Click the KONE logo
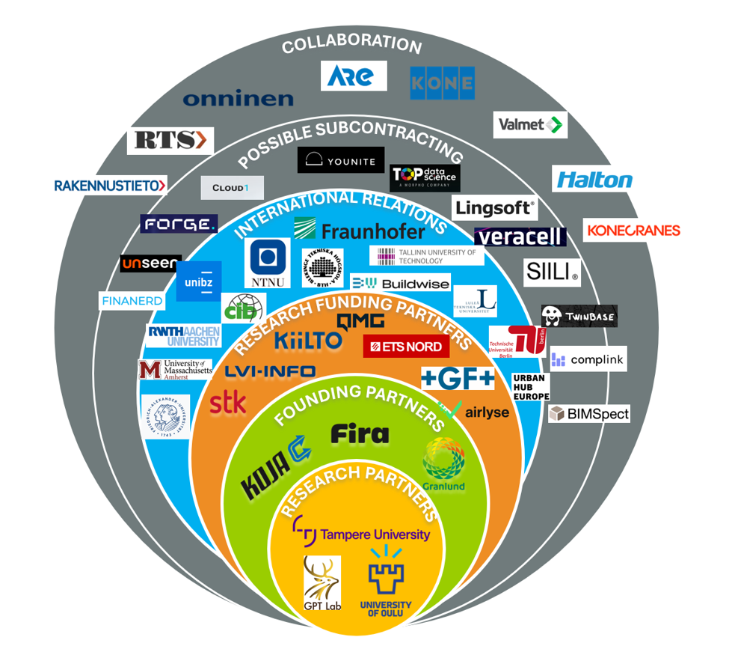(442, 83)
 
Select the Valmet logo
(530, 124)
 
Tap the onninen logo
(238, 98)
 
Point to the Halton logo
(594, 180)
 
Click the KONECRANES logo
(633, 230)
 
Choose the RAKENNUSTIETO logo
(110, 186)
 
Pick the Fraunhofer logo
(359, 230)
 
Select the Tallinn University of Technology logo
(427, 256)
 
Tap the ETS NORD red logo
(407, 347)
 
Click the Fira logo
(360, 433)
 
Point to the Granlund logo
(444, 464)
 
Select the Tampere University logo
(362, 533)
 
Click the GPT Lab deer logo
(322, 585)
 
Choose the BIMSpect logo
(589, 413)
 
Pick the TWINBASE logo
(579, 317)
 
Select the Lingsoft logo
(494, 207)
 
